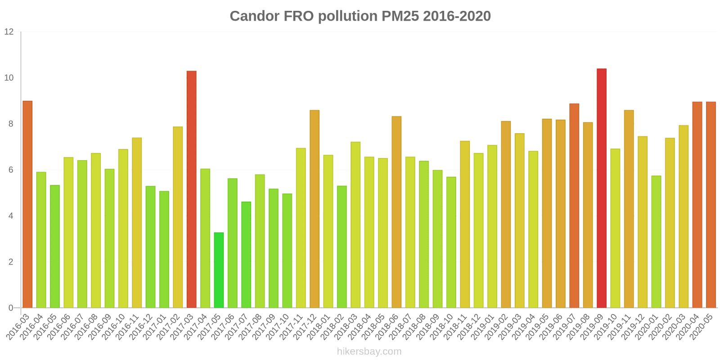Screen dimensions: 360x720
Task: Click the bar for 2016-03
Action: click(x=27, y=204)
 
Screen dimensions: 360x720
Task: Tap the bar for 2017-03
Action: click(x=191, y=189)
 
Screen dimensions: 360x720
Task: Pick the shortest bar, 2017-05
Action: click(x=219, y=270)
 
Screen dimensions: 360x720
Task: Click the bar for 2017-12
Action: click(x=315, y=209)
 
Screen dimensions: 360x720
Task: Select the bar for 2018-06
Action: click(x=396, y=212)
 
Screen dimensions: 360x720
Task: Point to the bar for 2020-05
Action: click(x=711, y=205)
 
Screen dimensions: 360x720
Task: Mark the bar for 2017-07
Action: click(x=246, y=255)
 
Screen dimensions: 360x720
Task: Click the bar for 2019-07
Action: click(x=574, y=206)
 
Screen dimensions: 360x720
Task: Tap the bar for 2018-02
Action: click(x=342, y=247)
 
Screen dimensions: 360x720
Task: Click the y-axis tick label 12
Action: click(x=9, y=32)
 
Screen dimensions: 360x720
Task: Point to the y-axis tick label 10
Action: click(x=9, y=78)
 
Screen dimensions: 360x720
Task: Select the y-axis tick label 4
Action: click(x=11, y=216)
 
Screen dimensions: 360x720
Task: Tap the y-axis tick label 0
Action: click(x=11, y=308)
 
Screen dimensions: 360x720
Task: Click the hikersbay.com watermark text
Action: click(x=369, y=351)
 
